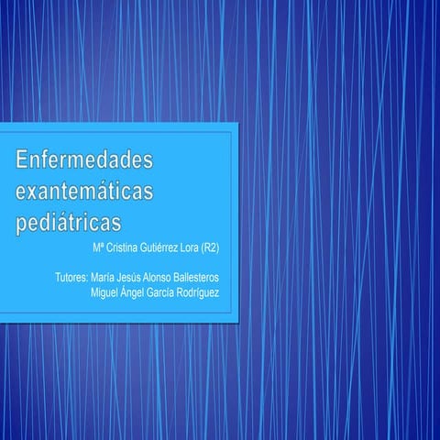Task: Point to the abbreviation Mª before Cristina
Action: click(x=98, y=247)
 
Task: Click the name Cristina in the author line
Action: click(x=124, y=247)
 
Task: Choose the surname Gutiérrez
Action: click(x=167, y=247)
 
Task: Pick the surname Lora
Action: click(x=200, y=247)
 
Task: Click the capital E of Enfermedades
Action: click(x=23, y=161)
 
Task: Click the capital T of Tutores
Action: click(x=58, y=277)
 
